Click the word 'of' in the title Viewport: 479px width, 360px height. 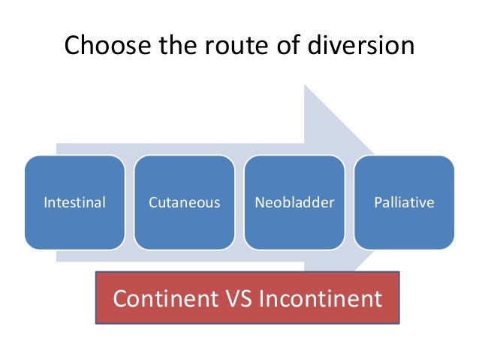click(279, 47)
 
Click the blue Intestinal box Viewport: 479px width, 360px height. click(74, 202)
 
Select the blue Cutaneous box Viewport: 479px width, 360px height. click(184, 202)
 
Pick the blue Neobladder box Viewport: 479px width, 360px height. click(294, 202)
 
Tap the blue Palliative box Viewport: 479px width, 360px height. click(404, 202)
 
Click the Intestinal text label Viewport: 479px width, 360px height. click(74, 202)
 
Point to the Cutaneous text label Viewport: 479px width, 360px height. click(184, 202)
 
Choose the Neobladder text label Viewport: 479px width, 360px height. click(294, 202)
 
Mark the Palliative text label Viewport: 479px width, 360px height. click(404, 202)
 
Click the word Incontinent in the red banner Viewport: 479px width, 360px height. click(320, 299)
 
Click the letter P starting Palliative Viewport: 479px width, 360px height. click(377, 202)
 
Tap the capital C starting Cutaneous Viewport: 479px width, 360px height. click(152, 202)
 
